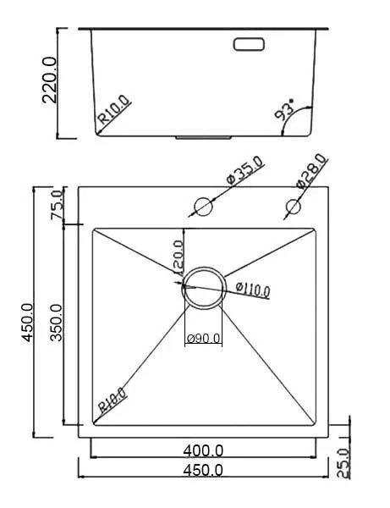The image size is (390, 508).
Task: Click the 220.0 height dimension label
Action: click(x=49, y=81)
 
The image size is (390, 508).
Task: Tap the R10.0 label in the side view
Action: click(x=114, y=112)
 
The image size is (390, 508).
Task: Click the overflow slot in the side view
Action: click(x=249, y=41)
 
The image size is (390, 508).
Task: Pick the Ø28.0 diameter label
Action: click(x=310, y=170)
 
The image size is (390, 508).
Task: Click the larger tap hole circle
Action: click(x=204, y=206)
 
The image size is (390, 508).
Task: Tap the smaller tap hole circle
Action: click(x=294, y=206)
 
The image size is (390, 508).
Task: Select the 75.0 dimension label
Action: click(x=58, y=206)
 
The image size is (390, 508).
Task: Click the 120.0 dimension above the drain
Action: click(x=178, y=254)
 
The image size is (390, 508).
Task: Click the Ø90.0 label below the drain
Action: click(x=203, y=339)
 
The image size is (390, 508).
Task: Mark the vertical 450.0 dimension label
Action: click(x=27, y=323)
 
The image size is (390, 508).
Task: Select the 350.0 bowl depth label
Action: click(x=57, y=323)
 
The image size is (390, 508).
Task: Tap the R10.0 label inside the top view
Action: click(x=112, y=399)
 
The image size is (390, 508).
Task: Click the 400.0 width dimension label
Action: click(x=203, y=450)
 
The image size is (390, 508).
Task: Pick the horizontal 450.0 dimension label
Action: click(x=203, y=470)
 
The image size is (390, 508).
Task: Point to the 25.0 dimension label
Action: click(x=343, y=463)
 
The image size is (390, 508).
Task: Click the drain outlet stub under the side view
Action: click(x=203, y=135)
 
